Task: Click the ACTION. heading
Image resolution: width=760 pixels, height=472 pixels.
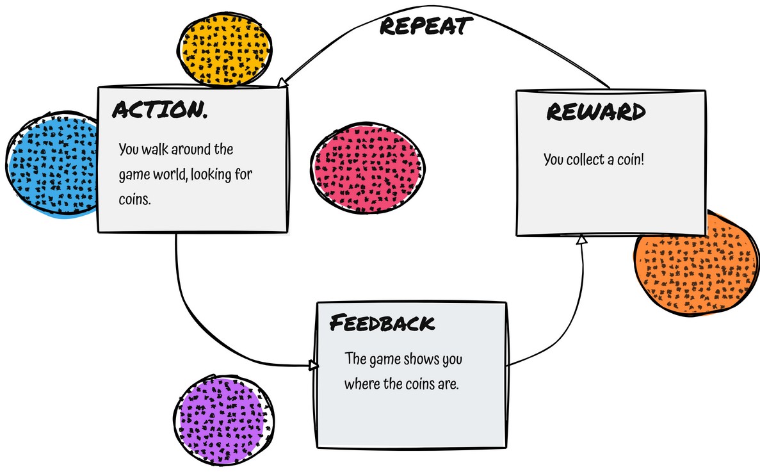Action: tap(160, 109)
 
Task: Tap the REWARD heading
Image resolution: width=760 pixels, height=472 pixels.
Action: tap(595, 112)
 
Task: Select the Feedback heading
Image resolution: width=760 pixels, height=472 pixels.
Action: tap(382, 322)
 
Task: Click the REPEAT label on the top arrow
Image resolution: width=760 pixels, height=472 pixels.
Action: tap(426, 26)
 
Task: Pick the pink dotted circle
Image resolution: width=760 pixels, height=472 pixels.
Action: tap(368, 168)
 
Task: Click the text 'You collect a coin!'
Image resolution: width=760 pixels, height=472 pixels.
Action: tap(594, 159)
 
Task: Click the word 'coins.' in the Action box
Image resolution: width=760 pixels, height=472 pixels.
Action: tap(134, 199)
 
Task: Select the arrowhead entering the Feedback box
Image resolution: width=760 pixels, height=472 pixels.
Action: tap(313, 365)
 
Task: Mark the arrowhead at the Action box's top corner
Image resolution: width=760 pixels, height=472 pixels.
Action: tap(282, 83)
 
